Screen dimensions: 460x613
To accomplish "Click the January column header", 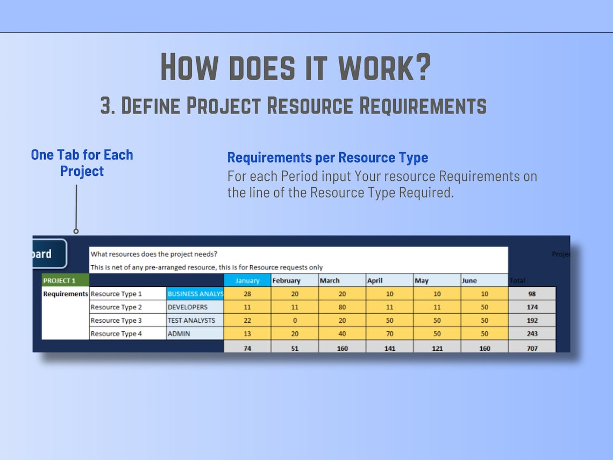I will coord(247,280).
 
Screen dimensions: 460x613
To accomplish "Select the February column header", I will coord(294,280).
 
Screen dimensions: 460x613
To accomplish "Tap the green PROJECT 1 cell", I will coord(66,280).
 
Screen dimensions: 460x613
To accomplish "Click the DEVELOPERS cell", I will coord(195,307).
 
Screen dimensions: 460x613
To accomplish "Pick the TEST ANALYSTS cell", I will coord(195,320).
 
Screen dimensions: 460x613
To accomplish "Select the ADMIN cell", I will coord(195,334).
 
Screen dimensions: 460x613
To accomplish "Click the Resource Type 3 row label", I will coord(127,320).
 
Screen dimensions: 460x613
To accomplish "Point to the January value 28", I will coord(247,294).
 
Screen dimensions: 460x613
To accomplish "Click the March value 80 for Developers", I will coord(342,307).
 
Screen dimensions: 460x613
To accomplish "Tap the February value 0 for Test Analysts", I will coord(295,320).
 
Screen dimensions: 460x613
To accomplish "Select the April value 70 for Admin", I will coord(389,334).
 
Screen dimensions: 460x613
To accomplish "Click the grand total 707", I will coord(532,348).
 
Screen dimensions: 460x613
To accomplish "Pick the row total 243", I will coord(532,334).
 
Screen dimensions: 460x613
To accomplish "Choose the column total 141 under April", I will coord(389,348).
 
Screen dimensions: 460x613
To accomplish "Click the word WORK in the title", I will coord(384,67).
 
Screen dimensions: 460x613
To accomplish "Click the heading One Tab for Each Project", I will coord(82,162).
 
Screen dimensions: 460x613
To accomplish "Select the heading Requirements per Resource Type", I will coord(327,158).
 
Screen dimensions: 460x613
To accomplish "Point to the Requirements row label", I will coord(65,294).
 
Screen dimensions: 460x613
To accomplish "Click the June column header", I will coord(484,280).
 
